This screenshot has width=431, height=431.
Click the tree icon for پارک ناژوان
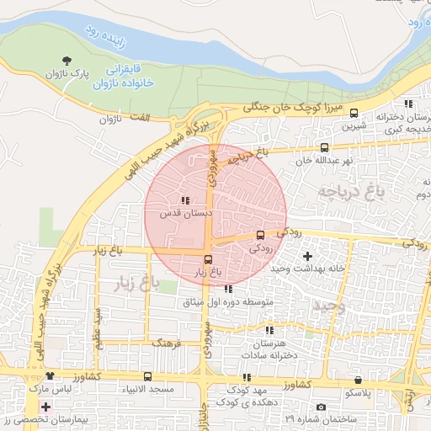pos(66,61)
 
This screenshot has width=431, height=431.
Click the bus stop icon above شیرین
pos(354,113)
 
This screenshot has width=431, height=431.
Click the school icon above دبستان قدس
pos(185,200)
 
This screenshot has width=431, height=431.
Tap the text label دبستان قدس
pos(184,214)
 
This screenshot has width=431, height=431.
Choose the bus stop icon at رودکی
pos(260,236)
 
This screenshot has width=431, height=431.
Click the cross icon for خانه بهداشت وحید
pos(307,255)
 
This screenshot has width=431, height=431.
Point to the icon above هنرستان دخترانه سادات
pos(269,331)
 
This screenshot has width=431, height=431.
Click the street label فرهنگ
pos(164,343)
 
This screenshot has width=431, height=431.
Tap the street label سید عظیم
pos(98,328)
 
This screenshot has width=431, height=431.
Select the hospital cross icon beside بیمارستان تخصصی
pos(45,407)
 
